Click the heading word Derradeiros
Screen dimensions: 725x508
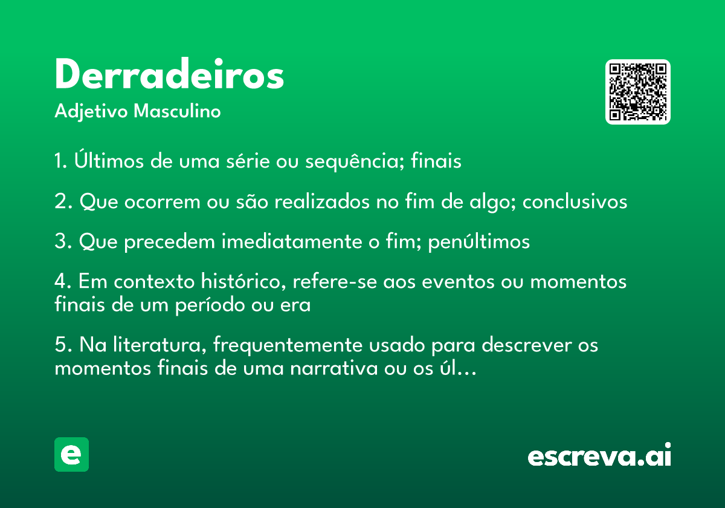[169, 74]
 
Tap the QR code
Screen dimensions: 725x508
[637, 92]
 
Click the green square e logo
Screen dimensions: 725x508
[71, 454]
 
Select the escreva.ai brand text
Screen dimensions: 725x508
[599, 455]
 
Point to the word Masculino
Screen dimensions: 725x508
[177, 111]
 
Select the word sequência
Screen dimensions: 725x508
[355, 161]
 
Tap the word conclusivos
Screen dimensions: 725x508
[575, 201]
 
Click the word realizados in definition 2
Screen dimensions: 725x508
[322, 201]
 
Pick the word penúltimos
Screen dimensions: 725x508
[479, 242]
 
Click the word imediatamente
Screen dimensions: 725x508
[292, 241]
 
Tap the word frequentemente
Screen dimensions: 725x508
[288, 345]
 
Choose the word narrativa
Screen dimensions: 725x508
[334, 368]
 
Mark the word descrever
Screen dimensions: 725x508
[527, 344]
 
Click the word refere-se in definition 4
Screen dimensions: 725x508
[335, 281]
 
